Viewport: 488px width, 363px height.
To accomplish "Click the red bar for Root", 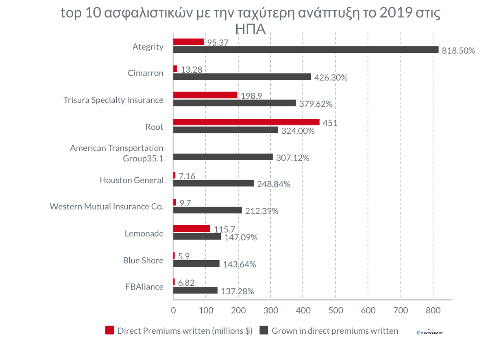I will click(246, 122).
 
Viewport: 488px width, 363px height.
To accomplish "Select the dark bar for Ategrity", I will click(306, 50).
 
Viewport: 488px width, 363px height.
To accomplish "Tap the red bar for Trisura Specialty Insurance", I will click(205, 95).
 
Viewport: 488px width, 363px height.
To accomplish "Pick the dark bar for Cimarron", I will click(242, 76).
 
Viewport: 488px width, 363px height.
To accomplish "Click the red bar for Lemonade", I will click(192, 228).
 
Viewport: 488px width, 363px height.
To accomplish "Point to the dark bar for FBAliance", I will click(196, 290).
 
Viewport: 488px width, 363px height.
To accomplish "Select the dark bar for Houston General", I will click(213, 183).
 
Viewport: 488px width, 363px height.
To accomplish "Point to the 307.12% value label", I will click(292, 158).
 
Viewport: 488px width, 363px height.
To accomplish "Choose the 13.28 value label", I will click(192, 70).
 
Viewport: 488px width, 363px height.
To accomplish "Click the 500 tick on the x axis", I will click(335, 311).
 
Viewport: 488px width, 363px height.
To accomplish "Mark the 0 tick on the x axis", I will click(174, 311).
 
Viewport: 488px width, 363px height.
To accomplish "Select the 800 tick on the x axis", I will click(433, 311).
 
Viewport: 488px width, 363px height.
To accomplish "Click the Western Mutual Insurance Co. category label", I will click(107, 206).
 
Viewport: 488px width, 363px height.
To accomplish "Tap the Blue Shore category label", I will click(143, 261).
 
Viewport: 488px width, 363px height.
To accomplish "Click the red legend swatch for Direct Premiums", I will click(109, 330).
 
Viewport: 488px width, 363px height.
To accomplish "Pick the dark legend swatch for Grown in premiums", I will click(264, 330).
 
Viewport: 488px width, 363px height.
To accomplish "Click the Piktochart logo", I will click(430, 332).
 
